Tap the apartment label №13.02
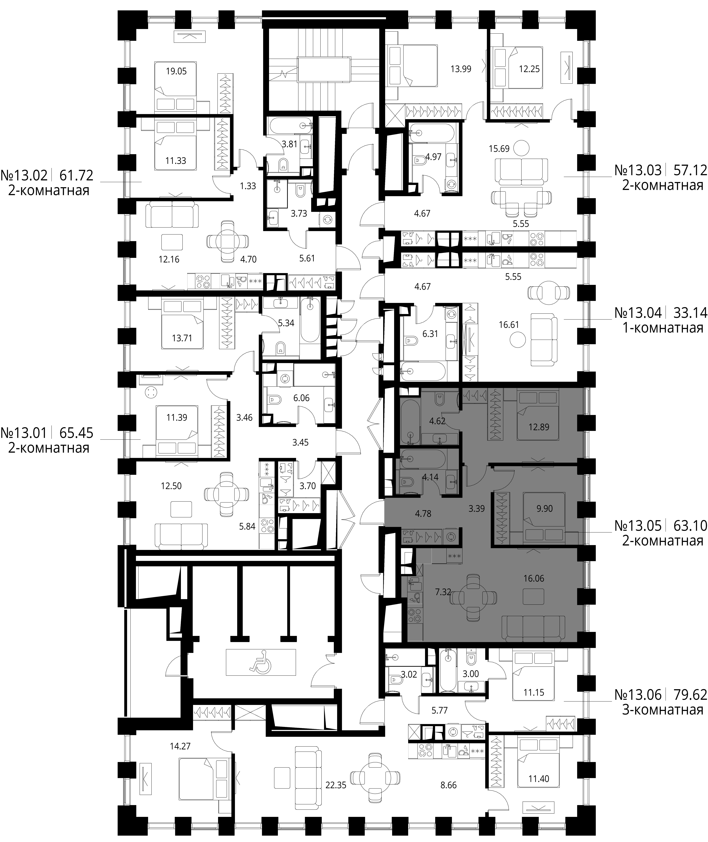tap(24, 175)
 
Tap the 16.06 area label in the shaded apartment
tap(534, 578)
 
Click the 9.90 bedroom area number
tap(545, 509)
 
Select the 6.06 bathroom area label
tap(301, 398)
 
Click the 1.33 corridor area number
tap(248, 186)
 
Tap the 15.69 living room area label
tap(499, 149)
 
